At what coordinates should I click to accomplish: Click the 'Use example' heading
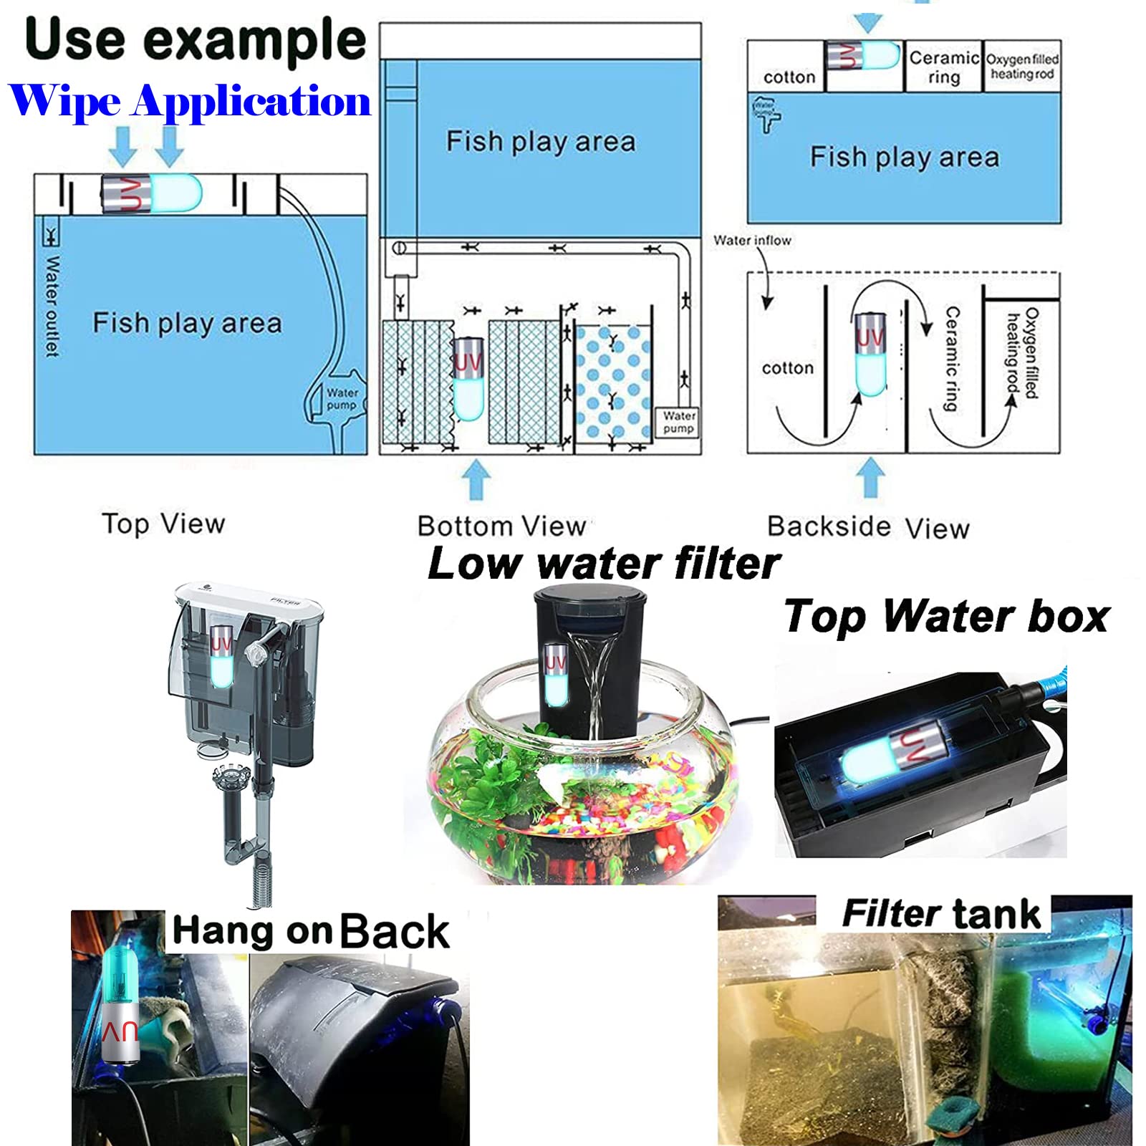195,40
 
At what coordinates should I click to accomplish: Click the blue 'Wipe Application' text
190,101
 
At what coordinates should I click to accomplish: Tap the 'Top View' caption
163,524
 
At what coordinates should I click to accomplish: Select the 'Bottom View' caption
501,526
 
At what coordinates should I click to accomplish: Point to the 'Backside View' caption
868,527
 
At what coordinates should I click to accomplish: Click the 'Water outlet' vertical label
52,306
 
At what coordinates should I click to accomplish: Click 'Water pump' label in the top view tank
342,399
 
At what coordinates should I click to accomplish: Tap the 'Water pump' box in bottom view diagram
678,422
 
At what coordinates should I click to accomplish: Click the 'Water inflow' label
752,241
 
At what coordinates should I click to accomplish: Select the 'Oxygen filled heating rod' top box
1022,66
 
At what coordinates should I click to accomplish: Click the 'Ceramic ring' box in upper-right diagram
943,67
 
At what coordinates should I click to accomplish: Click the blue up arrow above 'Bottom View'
476,478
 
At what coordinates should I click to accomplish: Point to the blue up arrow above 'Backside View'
870,477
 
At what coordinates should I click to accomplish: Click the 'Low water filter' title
603,564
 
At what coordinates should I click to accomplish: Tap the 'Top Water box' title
946,617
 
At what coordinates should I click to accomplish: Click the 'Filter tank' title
940,914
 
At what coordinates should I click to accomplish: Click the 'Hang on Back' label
311,932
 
